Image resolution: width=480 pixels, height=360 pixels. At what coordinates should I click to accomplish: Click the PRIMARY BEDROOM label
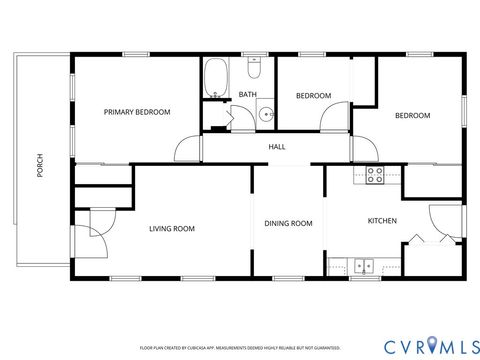(137, 112)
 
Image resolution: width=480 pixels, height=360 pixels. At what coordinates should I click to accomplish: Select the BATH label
(247, 95)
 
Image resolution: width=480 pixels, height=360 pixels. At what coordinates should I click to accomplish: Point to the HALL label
(277, 147)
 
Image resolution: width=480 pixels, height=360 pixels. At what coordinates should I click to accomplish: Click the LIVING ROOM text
(171, 228)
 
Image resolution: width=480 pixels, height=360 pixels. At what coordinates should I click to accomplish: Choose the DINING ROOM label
(288, 223)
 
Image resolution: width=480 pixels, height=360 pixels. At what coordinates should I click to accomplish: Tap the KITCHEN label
(382, 221)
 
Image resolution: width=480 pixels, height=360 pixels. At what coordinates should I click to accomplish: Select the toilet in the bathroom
(254, 70)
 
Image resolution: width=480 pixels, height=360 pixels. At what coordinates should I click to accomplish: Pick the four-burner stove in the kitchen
(375, 175)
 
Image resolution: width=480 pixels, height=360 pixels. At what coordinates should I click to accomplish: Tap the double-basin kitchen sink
(365, 265)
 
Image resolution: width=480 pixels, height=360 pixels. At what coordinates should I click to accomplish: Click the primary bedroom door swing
(187, 150)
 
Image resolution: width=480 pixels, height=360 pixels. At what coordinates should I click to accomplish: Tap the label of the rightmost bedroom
(412, 116)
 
